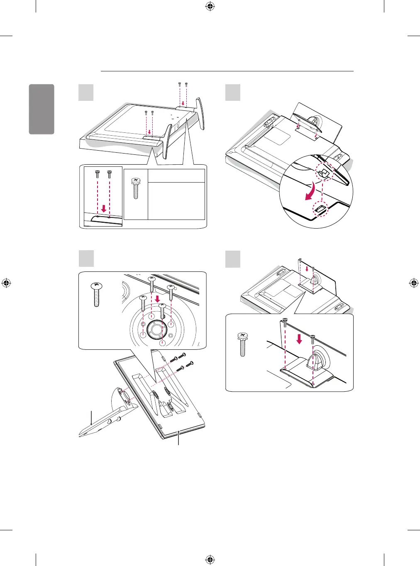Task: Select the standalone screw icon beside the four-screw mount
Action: pos(96,293)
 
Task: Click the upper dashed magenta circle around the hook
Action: pos(325,170)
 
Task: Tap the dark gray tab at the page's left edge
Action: pos(42,109)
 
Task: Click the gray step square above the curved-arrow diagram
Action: pos(233,93)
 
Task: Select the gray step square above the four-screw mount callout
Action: pos(86,259)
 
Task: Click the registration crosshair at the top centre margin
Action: pos(210,6)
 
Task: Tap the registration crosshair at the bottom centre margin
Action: pos(210,559)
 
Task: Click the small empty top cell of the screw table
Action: pos(176,176)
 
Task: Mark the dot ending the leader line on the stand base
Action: pos(91,424)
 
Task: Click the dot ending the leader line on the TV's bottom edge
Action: pos(179,432)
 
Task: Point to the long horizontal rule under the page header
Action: pos(227,71)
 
